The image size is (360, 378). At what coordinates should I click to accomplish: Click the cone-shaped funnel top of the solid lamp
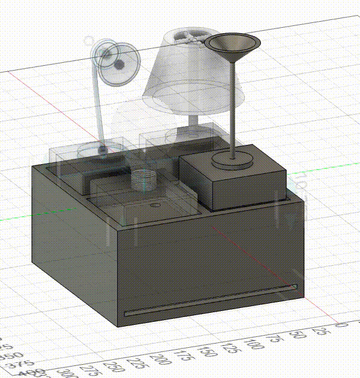(233, 45)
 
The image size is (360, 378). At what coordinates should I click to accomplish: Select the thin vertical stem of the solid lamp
(232, 109)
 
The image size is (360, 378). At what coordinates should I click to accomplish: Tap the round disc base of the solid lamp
(231, 161)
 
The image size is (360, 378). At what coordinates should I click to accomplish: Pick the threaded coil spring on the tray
(144, 179)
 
